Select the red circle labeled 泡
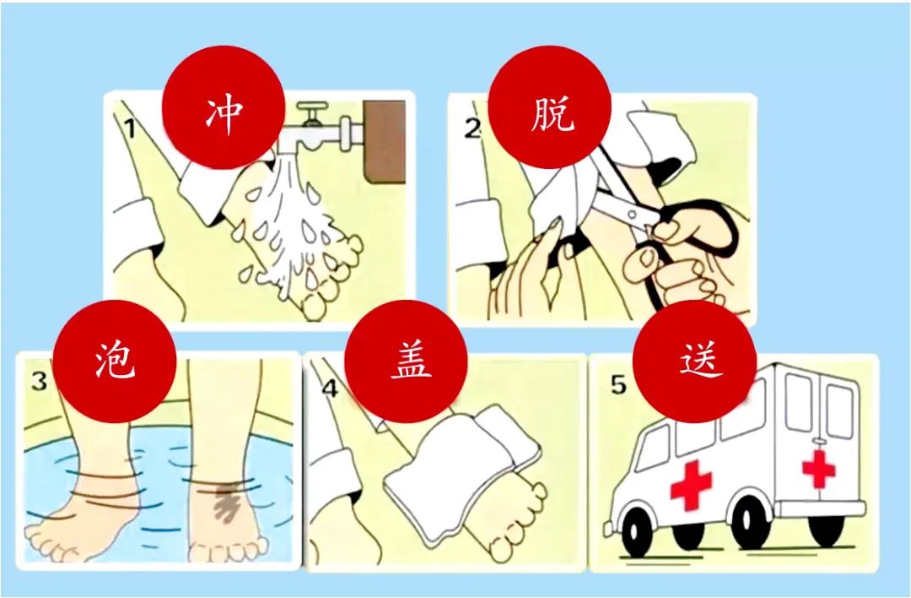[x=115, y=361]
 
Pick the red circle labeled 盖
[x=406, y=361]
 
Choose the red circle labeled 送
[x=694, y=361]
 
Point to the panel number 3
[x=39, y=381]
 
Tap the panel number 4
[x=330, y=388]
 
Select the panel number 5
[x=618, y=384]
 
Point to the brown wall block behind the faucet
[x=384, y=139]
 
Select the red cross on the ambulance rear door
[x=818, y=467]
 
